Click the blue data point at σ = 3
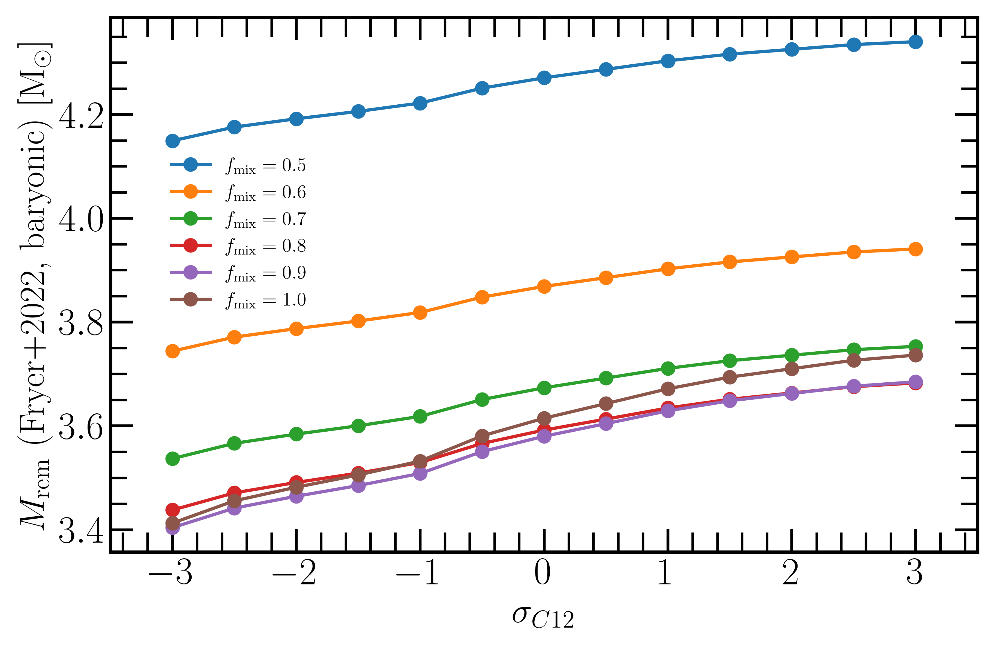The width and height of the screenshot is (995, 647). click(x=915, y=42)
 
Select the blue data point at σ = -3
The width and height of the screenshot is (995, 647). click(x=172, y=141)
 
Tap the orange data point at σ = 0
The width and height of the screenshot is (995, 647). click(x=544, y=287)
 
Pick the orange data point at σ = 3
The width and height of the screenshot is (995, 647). click(x=915, y=249)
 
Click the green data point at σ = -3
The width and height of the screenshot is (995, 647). click(x=172, y=459)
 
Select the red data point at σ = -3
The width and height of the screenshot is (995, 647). click(x=172, y=510)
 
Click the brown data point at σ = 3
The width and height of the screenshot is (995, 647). click(x=915, y=355)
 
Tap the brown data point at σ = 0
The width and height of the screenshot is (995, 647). click(x=544, y=418)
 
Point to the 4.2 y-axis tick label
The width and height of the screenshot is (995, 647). click(x=81, y=115)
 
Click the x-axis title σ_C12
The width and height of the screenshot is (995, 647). click(x=543, y=617)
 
